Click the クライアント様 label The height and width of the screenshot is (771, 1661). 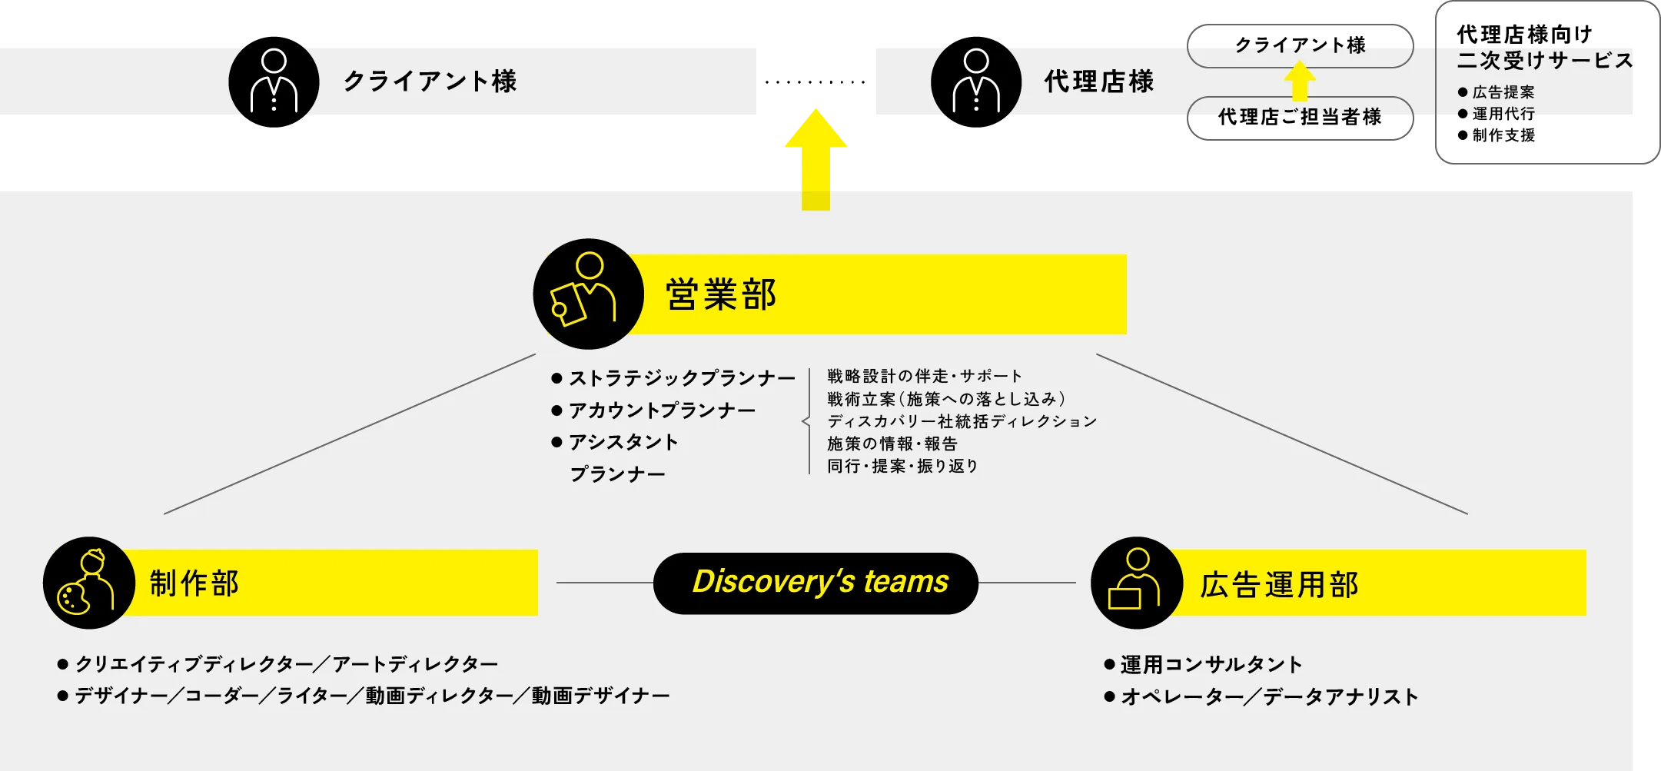[430, 81]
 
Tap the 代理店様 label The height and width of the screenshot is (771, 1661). [1098, 81]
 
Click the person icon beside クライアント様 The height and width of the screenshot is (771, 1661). [274, 81]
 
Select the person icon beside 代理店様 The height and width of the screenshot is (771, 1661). [975, 81]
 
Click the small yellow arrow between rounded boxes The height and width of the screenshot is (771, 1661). [1299, 81]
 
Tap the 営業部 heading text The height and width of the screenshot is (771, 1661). [721, 294]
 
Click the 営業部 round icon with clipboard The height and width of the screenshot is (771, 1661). [588, 294]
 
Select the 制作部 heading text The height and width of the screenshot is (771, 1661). [194, 583]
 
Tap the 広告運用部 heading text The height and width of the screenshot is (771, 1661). [1279, 585]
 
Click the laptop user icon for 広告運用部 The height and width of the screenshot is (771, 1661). [1136, 583]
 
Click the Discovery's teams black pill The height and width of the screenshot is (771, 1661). [816, 583]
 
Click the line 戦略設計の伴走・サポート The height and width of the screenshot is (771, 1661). [925, 376]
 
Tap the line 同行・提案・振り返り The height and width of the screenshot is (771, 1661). [902, 466]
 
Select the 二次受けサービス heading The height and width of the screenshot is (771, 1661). [1545, 61]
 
